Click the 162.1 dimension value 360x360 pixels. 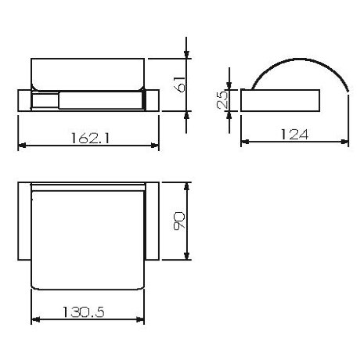(90, 138)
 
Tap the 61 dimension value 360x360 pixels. (180, 85)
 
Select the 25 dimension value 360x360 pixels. (222, 99)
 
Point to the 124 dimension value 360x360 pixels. (294, 135)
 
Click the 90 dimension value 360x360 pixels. (179, 221)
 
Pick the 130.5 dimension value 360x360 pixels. (84, 311)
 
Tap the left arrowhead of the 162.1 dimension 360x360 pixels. (22, 145)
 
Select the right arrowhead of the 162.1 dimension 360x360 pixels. (155, 146)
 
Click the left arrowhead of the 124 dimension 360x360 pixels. (245, 142)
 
